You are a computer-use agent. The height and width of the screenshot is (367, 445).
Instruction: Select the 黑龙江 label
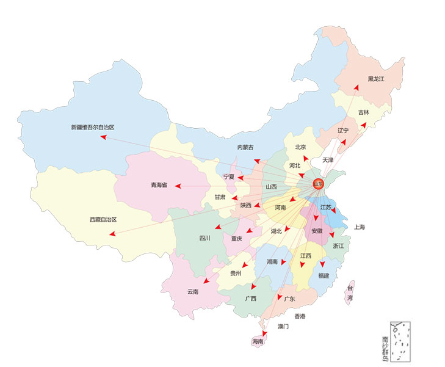377,79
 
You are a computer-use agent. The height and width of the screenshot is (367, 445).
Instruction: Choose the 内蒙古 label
245,147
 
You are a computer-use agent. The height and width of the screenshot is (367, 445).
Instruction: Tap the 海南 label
257,342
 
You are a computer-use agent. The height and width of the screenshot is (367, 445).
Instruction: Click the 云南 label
193,292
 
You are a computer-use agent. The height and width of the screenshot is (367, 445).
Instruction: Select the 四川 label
204,238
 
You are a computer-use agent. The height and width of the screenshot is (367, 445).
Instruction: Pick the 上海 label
358,227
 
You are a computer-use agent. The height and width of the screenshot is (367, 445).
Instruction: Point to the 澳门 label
283,327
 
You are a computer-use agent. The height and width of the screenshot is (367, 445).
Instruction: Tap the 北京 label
300,147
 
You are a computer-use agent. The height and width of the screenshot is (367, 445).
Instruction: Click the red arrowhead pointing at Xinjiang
103,137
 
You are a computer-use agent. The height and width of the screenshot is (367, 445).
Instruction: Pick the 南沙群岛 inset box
400,342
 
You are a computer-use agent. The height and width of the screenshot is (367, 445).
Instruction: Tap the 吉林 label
363,112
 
